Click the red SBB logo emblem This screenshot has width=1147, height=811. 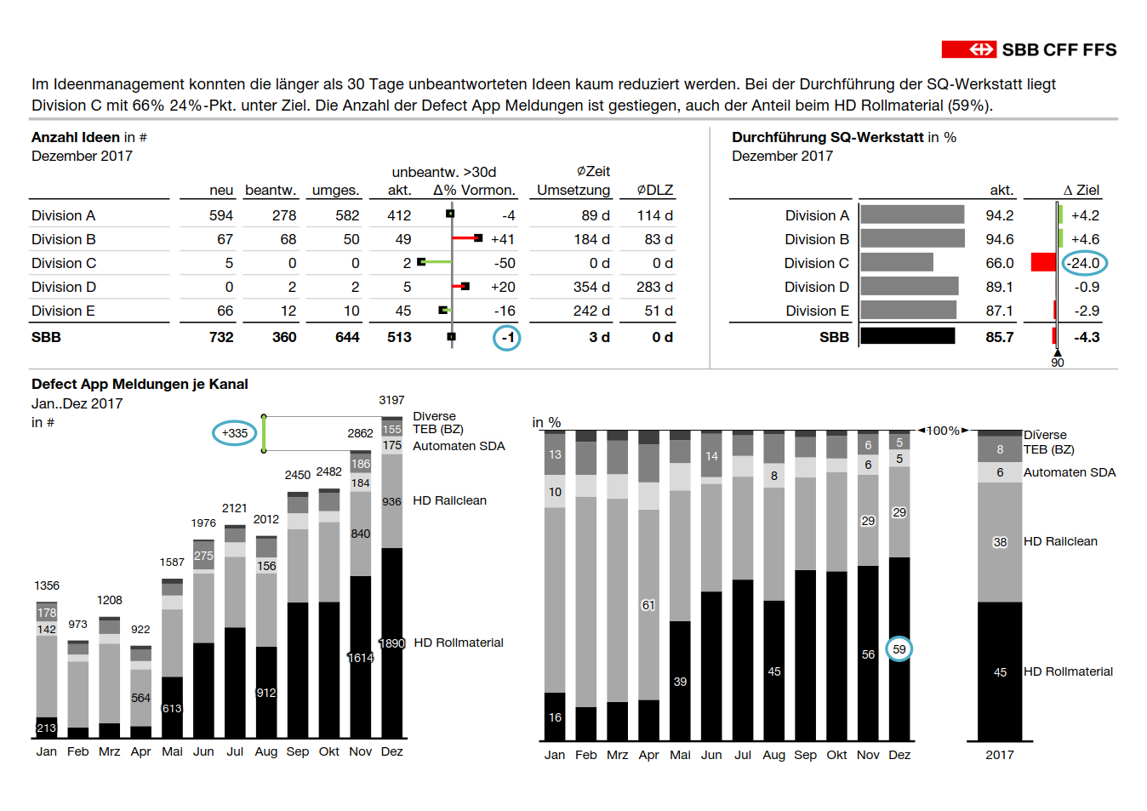pyautogui.click(x=968, y=49)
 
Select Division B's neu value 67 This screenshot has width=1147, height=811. pyautogui.click(x=225, y=239)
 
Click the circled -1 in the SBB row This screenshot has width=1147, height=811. pyautogui.click(x=507, y=338)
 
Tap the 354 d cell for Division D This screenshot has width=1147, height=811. pyautogui.click(x=591, y=288)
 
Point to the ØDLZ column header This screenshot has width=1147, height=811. pyautogui.click(x=655, y=190)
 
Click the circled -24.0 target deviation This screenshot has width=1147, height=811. pyautogui.click(x=1085, y=263)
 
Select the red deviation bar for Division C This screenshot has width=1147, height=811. pyautogui.click(x=1043, y=263)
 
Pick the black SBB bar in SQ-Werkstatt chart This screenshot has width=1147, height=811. pyautogui.click(x=908, y=336)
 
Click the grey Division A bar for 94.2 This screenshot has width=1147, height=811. pyautogui.click(x=912, y=214)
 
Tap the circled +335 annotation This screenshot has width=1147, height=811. pyautogui.click(x=235, y=433)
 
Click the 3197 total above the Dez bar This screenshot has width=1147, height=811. pyautogui.click(x=391, y=400)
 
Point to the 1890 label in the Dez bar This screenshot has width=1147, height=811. pyautogui.click(x=392, y=643)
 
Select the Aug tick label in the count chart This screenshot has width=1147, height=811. pyautogui.click(x=266, y=751)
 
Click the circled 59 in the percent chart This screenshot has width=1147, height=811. pyautogui.click(x=899, y=649)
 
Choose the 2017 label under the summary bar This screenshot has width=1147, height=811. pyautogui.click(x=1000, y=755)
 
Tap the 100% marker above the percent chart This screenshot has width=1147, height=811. pyautogui.click(x=943, y=431)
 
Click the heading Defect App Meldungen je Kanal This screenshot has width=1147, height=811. pyautogui.click(x=140, y=384)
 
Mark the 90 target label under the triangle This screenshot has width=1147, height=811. pyautogui.click(x=1058, y=363)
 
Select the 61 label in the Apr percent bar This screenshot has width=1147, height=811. pyautogui.click(x=648, y=605)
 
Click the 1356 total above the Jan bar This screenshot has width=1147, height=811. pyautogui.click(x=47, y=585)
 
